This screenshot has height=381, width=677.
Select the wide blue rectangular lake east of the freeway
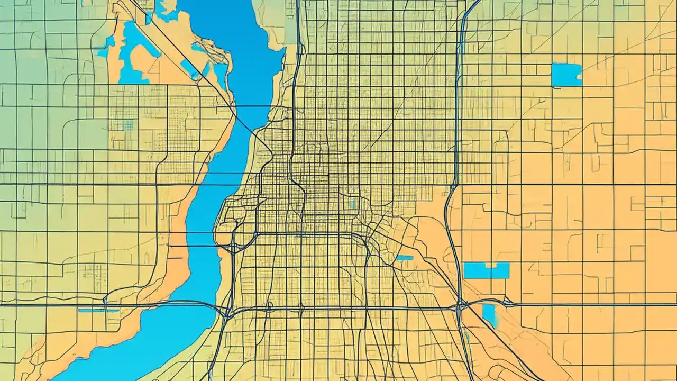coord(486,271)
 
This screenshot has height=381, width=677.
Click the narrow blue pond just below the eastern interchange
coord(490,315)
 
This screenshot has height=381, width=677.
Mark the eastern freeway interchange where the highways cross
coord(461,306)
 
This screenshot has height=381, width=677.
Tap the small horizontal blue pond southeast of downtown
coord(405,258)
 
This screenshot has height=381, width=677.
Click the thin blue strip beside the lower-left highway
coord(98,311)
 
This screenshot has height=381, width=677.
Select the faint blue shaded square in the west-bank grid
coord(127,124)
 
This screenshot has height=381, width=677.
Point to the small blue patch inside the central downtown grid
coord(353,204)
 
